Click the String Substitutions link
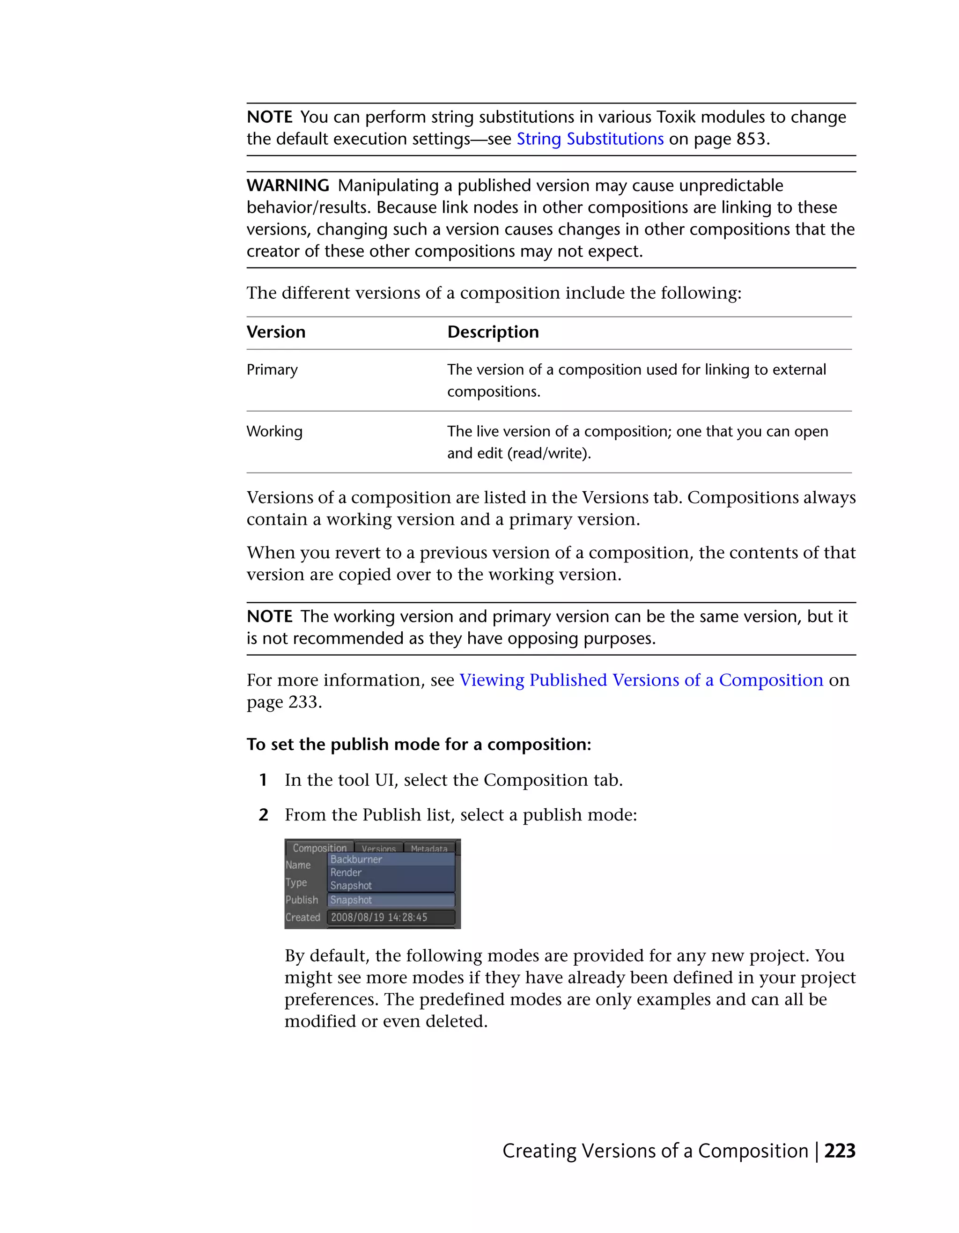pos(590,139)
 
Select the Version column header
pos(276,332)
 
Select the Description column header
pos(493,332)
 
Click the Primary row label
pos(272,370)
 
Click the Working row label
pos(274,431)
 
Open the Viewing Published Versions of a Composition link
pos(641,680)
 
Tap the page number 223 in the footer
pos(839,1151)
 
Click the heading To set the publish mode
pos(418,744)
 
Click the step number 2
pos(263,815)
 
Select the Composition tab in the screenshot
pos(319,848)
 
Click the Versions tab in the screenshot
pos(378,849)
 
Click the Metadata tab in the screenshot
pos(428,849)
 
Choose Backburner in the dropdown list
pos(356,859)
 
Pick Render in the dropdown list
pos(346,872)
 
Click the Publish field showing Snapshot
pos(391,900)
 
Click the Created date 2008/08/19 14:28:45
pos(379,917)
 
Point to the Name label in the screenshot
pos(298,865)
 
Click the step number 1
pos(263,780)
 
